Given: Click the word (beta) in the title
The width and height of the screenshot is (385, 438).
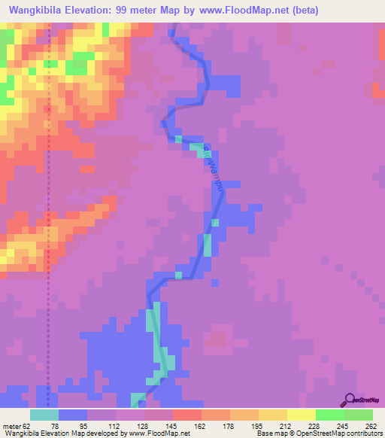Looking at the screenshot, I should (307, 11).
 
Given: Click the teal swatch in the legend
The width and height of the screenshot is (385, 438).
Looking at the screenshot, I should (44, 415).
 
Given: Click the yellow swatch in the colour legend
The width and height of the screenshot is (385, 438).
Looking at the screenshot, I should (302, 415).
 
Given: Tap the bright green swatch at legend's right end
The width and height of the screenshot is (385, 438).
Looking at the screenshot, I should (359, 415).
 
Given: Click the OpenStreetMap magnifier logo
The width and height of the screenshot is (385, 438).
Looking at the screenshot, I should (348, 399).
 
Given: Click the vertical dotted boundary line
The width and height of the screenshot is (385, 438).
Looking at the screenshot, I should (50, 226).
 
